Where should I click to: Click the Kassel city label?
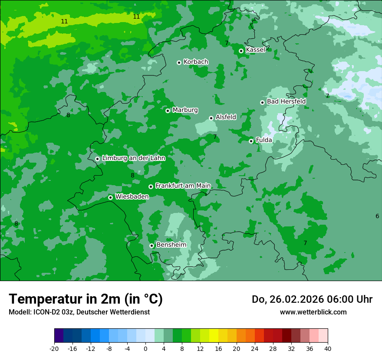click(255, 50)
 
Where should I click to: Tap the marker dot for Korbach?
click(179, 62)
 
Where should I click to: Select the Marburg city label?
click(185, 110)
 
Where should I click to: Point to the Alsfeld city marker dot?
click(211, 118)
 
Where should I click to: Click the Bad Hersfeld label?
click(286, 101)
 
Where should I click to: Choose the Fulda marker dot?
click(251, 141)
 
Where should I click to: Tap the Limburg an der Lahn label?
click(133, 158)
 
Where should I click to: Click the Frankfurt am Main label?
click(183, 186)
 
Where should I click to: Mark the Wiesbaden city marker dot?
click(110, 197)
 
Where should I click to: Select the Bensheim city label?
click(171, 245)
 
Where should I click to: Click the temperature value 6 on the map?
click(377, 216)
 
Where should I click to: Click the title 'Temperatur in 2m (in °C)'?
click(86, 299)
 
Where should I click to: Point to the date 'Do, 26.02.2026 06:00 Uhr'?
click(312, 299)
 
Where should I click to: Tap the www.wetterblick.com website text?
click(313, 312)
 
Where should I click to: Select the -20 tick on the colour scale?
click(54, 348)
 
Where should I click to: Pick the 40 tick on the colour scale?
click(328, 348)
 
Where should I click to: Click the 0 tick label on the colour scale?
click(145, 348)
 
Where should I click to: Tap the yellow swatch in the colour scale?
click(214, 336)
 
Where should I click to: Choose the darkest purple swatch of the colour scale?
click(59, 336)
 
